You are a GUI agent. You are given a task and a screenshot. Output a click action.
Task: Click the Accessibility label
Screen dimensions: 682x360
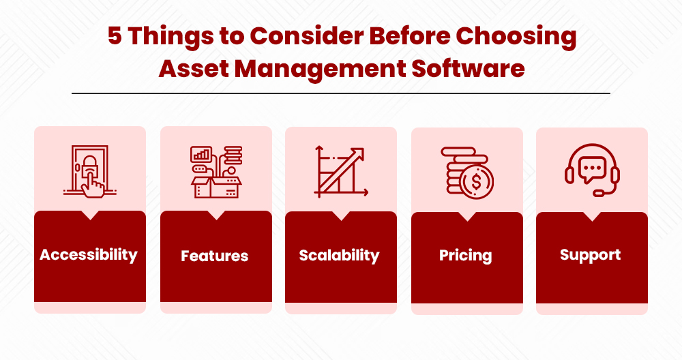point(89,255)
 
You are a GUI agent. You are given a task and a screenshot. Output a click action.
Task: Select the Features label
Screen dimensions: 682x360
point(214,256)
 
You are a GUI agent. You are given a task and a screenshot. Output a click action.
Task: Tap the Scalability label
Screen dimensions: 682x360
point(339,256)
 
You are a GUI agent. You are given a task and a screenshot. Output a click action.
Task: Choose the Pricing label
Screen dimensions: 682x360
point(465,256)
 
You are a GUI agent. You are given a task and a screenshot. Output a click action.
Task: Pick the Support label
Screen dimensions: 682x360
point(590,255)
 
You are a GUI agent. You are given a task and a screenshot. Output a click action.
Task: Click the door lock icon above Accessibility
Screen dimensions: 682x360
point(90,171)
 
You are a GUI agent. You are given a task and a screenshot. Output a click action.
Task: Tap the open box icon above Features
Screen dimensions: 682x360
point(216,172)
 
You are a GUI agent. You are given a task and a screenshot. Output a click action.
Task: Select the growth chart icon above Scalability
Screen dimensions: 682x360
point(341,171)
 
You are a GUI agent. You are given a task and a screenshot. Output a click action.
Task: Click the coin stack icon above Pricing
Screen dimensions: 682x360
point(467,173)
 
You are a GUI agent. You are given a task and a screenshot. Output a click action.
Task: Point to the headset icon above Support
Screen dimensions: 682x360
point(592,170)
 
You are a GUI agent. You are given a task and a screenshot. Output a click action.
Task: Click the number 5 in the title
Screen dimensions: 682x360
point(115,35)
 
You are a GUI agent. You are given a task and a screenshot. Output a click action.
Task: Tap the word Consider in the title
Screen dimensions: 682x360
point(306,35)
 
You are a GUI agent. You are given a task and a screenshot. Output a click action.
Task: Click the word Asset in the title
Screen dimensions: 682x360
point(194,69)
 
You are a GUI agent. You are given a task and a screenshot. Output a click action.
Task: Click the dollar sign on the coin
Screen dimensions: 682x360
point(476,182)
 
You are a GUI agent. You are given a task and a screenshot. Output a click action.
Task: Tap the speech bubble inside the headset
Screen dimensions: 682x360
point(592,169)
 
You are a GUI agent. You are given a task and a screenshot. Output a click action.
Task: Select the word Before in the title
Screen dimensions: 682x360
point(409,35)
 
